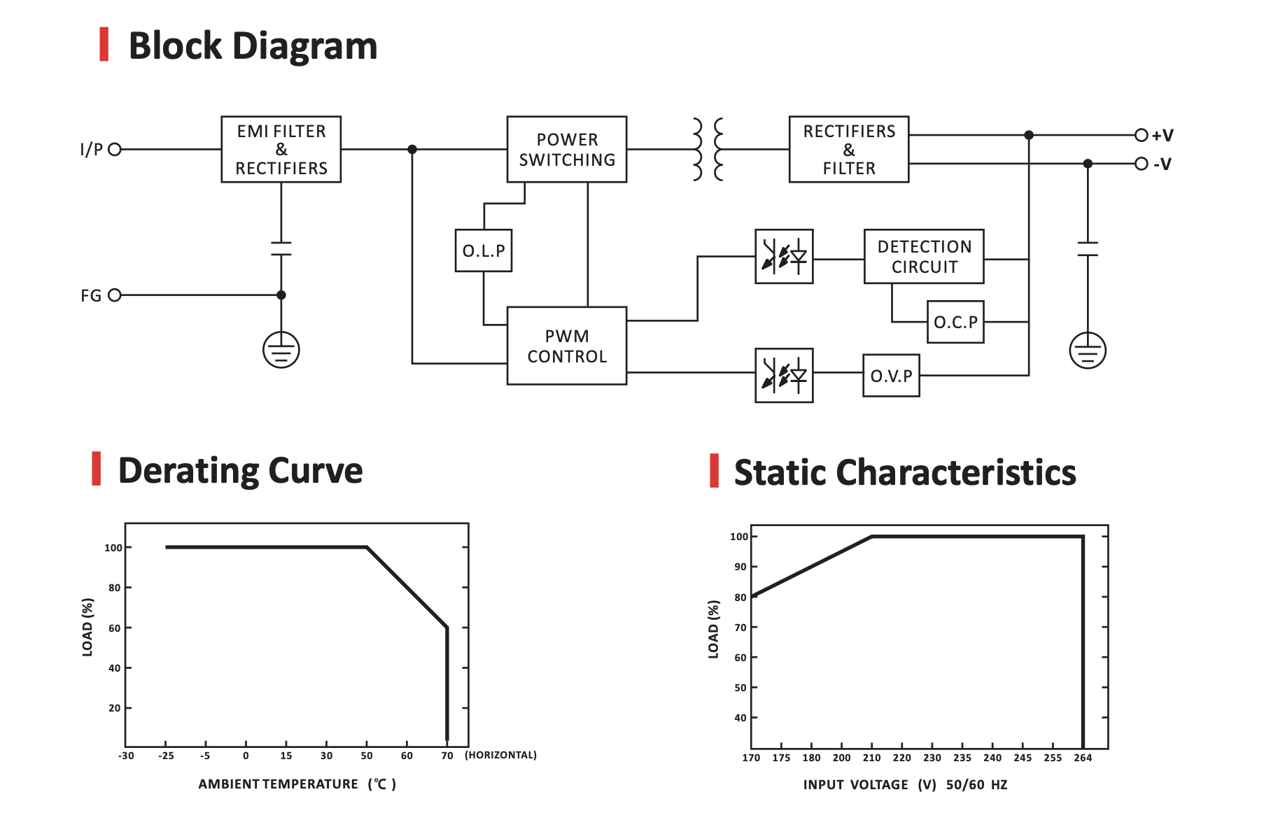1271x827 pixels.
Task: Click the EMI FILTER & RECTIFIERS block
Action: click(281, 149)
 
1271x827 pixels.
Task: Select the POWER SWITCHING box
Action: click(566, 149)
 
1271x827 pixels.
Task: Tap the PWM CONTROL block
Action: click(566, 346)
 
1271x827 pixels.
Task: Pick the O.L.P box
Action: click(483, 250)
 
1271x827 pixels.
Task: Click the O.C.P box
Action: click(955, 322)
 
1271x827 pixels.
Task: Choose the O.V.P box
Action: click(890, 376)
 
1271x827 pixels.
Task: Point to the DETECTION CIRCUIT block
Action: click(923, 256)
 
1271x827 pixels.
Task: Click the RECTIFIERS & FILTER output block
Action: click(848, 149)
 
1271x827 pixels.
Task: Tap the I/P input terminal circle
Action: click(115, 149)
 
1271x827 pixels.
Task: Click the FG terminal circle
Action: click(115, 295)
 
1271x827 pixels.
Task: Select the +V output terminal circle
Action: click(1141, 135)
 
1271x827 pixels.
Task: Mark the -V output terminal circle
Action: click(1141, 164)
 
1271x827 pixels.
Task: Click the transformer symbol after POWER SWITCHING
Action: click(708, 149)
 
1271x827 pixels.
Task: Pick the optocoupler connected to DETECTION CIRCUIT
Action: click(783, 256)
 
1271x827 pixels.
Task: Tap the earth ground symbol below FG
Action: click(281, 350)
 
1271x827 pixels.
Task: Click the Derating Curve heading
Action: click(240, 470)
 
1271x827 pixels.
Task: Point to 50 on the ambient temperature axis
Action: click(366, 756)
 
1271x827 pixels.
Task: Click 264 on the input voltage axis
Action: click(1082, 758)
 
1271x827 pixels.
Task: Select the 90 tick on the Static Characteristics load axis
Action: click(740, 567)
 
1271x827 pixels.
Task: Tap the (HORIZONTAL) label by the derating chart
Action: click(500, 755)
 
